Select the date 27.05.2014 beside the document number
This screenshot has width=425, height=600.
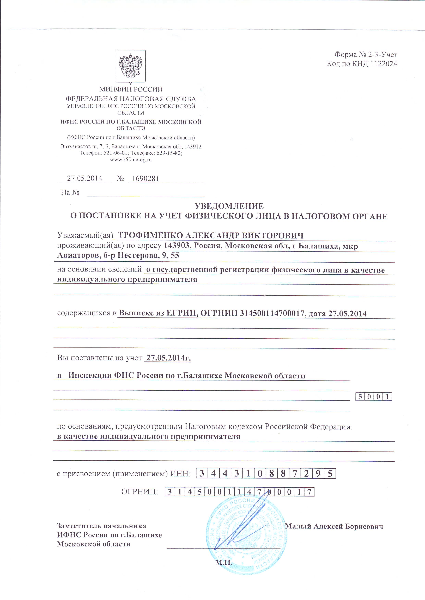pos(84,178)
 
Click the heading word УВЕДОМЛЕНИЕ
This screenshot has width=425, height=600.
pos(229,206)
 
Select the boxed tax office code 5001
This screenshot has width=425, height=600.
pos(373,397)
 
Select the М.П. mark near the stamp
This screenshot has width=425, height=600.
pos(223,562)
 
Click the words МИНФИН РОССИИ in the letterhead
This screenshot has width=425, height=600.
pos(131,89)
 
